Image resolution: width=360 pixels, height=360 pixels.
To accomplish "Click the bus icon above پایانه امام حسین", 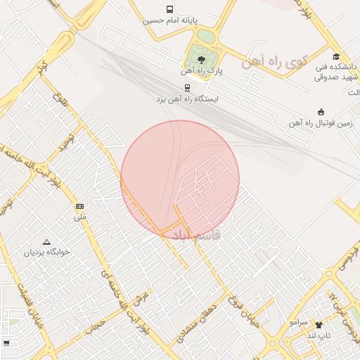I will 170,9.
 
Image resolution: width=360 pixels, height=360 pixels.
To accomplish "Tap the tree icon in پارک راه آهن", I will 202,59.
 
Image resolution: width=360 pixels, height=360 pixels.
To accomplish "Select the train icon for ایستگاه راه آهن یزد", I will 187,88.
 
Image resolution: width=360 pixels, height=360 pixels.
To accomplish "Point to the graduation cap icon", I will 336,57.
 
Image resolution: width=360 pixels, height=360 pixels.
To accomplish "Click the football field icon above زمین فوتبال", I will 321,112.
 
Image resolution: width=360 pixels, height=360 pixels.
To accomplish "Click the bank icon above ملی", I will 79,206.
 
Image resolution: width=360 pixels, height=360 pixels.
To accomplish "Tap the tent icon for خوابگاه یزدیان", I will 46,241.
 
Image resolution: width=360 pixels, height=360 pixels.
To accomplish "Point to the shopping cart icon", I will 6,343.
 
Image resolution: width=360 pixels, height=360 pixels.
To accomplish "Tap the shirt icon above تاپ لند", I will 319,325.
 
